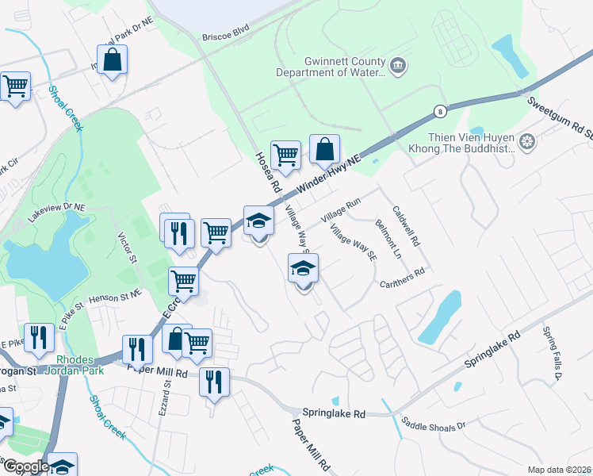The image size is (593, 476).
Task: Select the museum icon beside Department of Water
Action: click(x=398, y=65)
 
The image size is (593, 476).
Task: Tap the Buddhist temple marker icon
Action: click(x=526, y=142)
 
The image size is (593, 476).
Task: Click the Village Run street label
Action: click(x=340, y=209)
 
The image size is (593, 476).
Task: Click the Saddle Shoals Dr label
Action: click(x=434, y=424)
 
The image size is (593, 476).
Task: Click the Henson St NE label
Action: click(x=116, y=294)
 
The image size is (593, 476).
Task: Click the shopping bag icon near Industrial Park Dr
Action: click(x=113, y=59)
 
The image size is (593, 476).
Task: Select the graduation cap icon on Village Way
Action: click(x=303, y=270)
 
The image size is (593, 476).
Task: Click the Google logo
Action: click(x=25, y=466)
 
